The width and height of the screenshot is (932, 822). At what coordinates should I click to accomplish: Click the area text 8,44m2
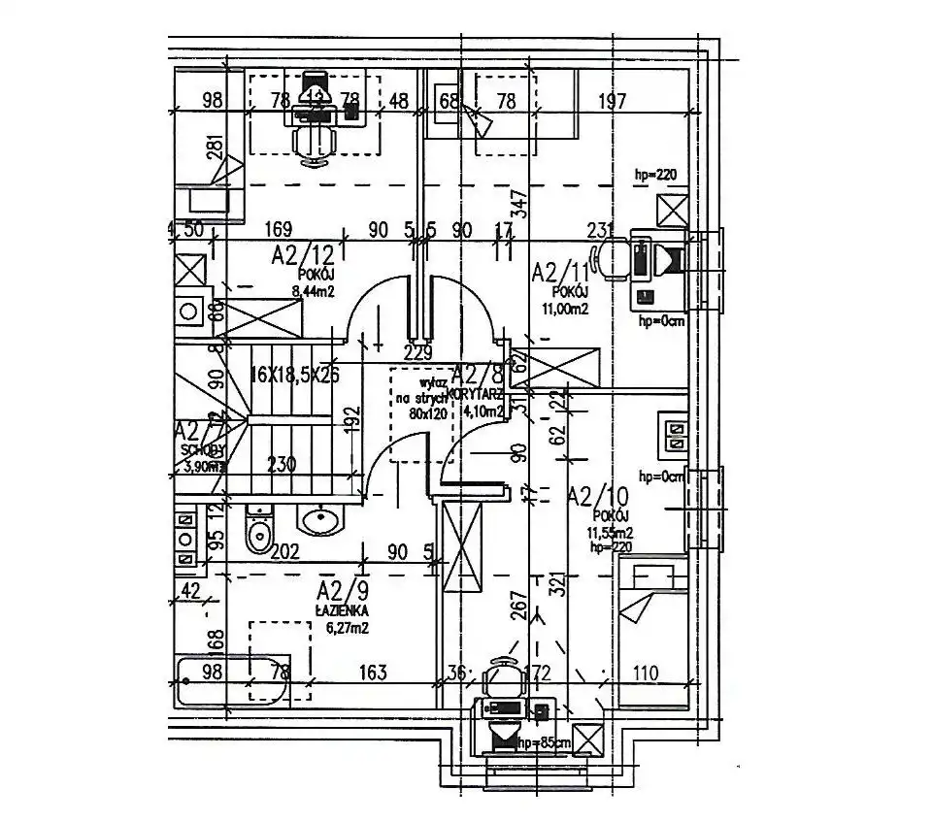coord(314,288)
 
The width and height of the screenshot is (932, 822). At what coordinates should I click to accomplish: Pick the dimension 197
coord(612,100)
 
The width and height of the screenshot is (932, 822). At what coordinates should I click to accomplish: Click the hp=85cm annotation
coord(544,743)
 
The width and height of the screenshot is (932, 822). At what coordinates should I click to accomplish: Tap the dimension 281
coord(216,151)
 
